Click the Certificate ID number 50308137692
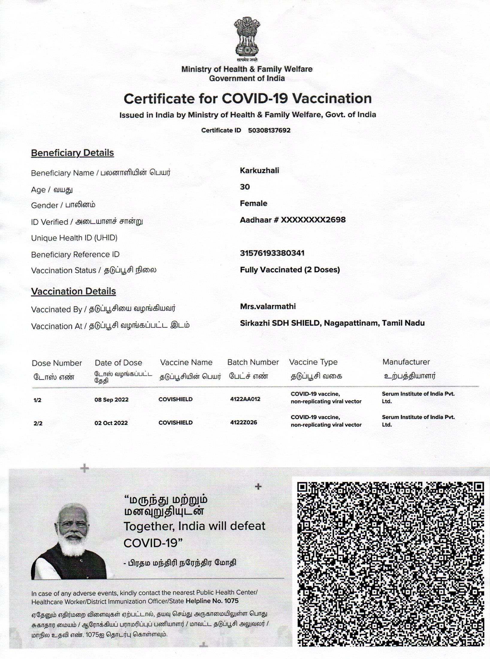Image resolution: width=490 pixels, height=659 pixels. [x=269, y=130]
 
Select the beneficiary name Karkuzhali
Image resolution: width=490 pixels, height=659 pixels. [x=259, y=170]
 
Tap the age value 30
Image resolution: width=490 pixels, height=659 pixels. [x=245, y=187]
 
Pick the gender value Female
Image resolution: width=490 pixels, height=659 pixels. [x=253, y=203]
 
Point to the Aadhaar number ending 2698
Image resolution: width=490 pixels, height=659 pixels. [x=293, y=220]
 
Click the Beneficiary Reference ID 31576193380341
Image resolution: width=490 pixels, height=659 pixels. [x=272, y=253]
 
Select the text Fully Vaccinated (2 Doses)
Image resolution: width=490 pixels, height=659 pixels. [x=290, y=270]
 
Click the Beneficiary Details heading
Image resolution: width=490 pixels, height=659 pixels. [x=72, y=153]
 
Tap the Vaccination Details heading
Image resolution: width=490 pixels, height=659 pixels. [x=73, y=291]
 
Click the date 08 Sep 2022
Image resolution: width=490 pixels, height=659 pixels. [x=111, y=400]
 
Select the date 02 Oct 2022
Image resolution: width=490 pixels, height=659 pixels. [x=111, y=423]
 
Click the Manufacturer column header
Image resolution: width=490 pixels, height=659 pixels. [x=406, y=362]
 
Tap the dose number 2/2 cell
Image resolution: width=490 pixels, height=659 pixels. [x=38, y=423]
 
